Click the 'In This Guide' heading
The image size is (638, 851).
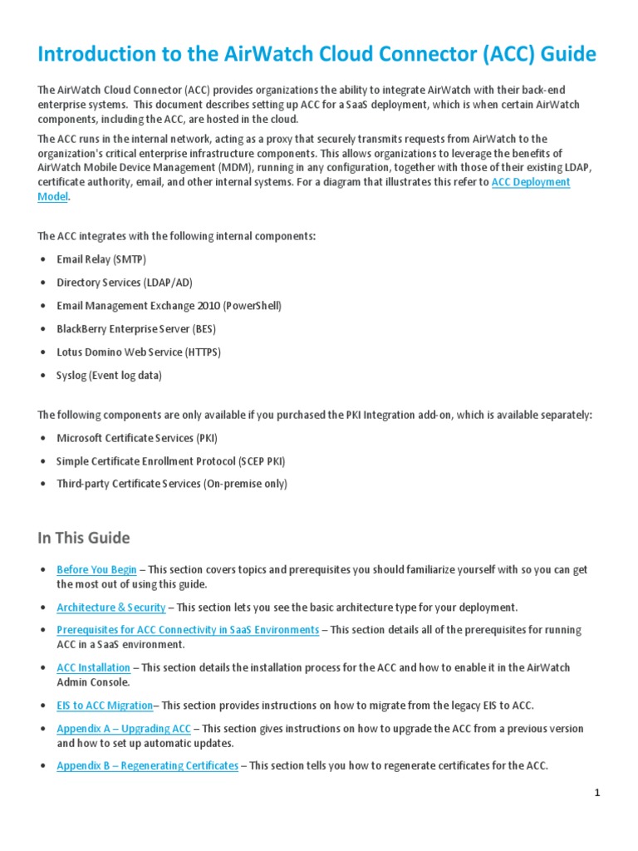(x=84, y=538)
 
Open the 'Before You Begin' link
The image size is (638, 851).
(x=96, y=569)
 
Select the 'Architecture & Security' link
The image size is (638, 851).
(x=111, y=608)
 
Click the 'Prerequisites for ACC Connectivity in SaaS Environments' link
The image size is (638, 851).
(x=188, y=630)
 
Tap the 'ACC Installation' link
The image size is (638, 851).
(x=93, y=667)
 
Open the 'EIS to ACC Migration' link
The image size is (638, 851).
(x=105, y=706)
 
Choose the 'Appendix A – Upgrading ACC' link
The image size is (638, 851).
(x=124, y=728)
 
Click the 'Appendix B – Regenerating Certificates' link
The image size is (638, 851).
(x=147, y=765)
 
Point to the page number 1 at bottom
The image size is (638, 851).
(x=596, y=793)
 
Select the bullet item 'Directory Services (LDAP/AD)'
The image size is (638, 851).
(x=124, y=283)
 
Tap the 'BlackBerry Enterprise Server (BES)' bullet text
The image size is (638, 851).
(x=139, y=329)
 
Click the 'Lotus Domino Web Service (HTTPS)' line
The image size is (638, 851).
(x=138, y=352)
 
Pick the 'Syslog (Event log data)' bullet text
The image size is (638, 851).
(x=109, y=376)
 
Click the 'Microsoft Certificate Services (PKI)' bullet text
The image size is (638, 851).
(x=136, y=438)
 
